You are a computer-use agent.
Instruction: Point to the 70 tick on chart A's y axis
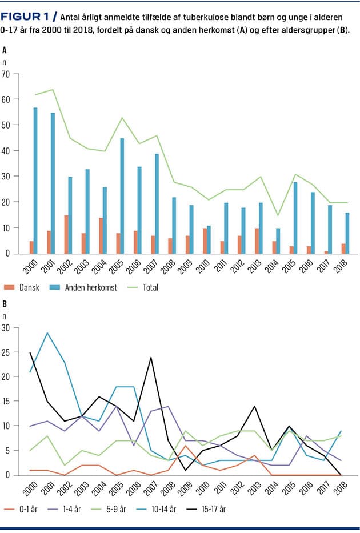6,74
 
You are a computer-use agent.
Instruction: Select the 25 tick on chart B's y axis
6,352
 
